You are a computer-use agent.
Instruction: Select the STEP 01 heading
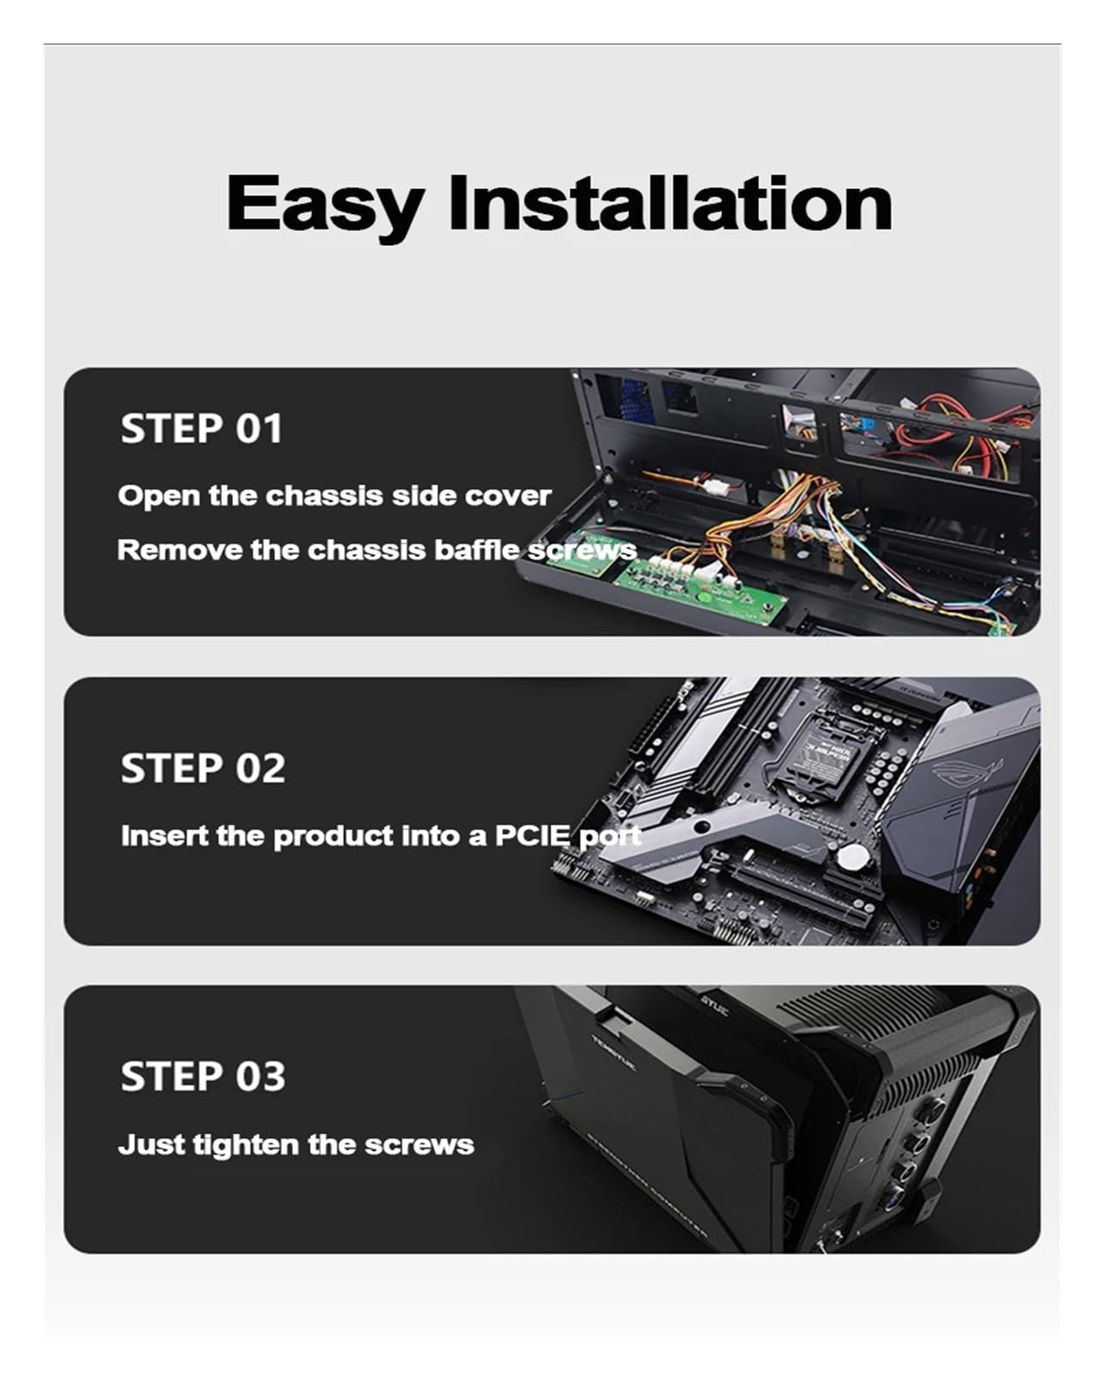point(201,429)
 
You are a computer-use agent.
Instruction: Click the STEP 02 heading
point(203,768)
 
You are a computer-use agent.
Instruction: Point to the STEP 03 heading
point(203,1076)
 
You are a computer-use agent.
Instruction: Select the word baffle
point(476,551)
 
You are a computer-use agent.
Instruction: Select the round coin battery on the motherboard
point(853,854)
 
